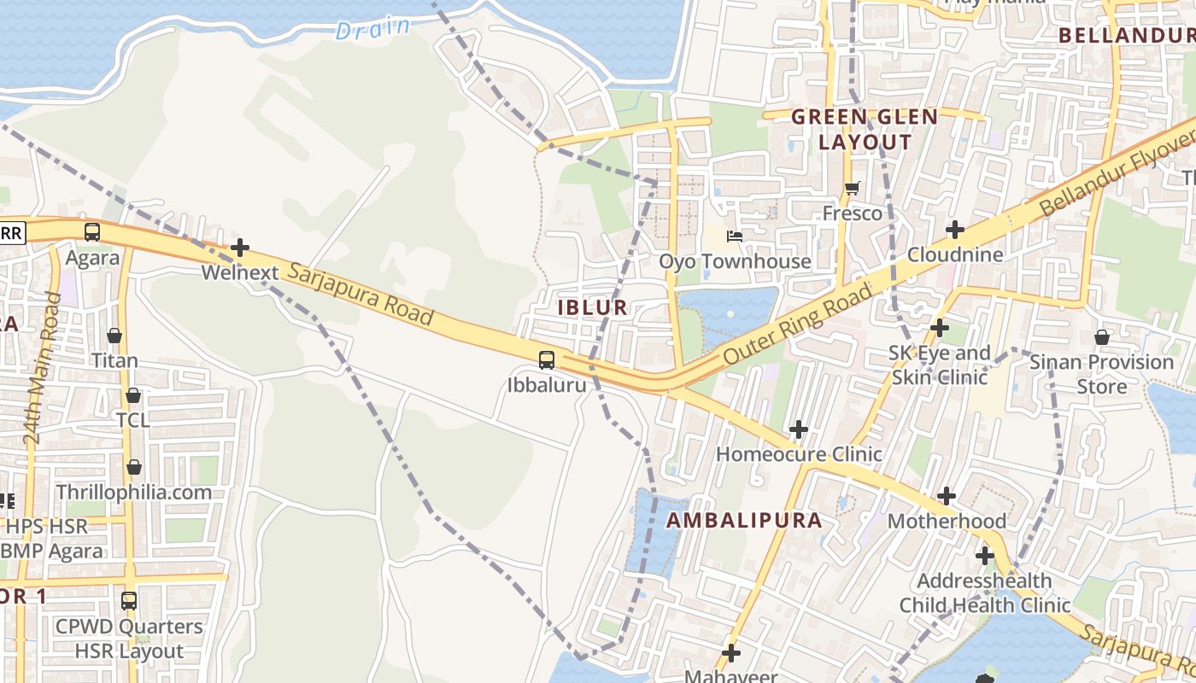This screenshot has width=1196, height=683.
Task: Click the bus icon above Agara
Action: point(91,232)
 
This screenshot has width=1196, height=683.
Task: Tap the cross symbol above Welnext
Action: point(240,248)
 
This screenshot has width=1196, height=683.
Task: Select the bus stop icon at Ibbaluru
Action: point(547,360)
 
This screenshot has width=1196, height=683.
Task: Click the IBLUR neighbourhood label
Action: point(593,308)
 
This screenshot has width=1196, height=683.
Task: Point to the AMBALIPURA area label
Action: point(744,520)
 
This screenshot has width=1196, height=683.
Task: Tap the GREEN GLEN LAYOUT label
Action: point(865,130)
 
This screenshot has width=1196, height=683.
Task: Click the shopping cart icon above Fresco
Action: point(852,188)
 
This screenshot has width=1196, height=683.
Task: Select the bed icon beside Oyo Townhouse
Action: point(734,236)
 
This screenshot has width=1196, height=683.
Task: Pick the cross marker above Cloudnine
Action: point(955,229)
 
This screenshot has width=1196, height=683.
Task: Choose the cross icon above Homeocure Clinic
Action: point(799,429)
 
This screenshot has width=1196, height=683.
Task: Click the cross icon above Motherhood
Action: point(947,496)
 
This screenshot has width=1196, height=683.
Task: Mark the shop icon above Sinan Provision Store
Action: point(1102,337)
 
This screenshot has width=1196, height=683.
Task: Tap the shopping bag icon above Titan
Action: point(114,336)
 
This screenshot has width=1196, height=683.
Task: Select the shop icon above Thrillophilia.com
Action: point(134,468)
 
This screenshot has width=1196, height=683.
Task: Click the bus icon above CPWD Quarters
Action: point(129,600)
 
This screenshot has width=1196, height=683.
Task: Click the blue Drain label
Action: point(372,28)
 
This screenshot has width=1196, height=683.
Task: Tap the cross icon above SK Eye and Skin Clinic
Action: point(940,328)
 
